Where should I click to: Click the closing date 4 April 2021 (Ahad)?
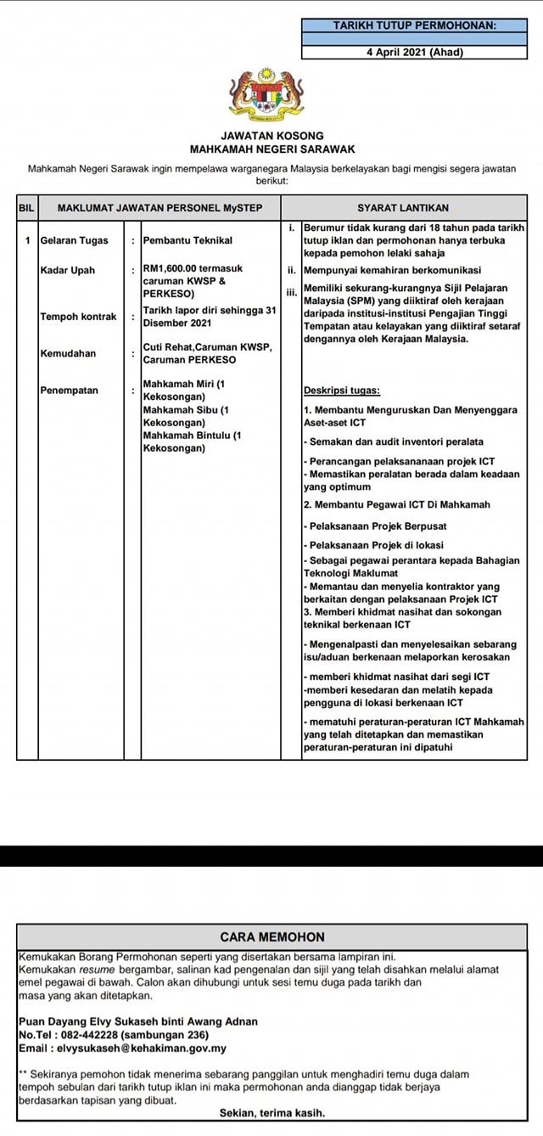tap(414, 52)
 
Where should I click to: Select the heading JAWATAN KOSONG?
tap(271, 136)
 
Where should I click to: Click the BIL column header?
tap(26, 207)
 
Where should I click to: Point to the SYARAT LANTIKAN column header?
tap(403, 207)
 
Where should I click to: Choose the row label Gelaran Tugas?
tap(75, 240)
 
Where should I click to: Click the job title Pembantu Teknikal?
tap(188, 240)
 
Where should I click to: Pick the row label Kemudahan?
tap(69, 353)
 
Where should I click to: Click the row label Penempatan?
tap(70, 391)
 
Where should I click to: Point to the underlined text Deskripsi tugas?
tap(342, 391)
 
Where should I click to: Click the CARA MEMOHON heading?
tap(271, 937)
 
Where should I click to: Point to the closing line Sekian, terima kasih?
tap(271, 1112)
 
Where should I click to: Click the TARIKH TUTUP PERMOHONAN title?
tap(414, 26)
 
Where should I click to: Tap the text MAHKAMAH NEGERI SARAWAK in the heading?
tap(271, 149)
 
